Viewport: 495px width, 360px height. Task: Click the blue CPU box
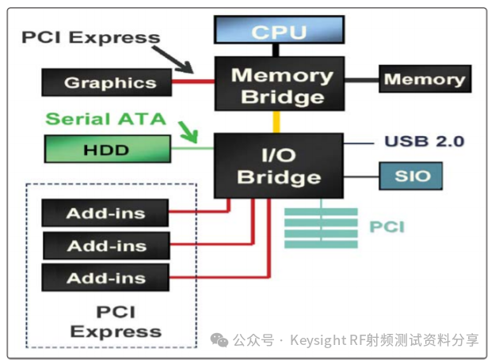[280, 32]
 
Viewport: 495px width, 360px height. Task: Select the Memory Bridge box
[280, 85]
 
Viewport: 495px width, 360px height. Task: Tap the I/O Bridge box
[280, 165]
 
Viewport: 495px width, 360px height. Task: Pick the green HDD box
[105, 150]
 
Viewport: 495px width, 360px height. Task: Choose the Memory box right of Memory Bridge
[425, 80]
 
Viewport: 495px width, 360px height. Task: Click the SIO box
[407, 176]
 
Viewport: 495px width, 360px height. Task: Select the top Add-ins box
[105, 213]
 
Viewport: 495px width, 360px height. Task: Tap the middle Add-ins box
[105, 246]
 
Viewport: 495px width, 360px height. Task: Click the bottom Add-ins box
[105, 279]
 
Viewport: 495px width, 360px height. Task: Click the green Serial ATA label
[105, 119]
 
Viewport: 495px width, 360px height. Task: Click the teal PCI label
[386, 228]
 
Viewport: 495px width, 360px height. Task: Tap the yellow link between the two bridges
[277, 122]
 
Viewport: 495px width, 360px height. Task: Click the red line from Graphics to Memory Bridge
[193, 81]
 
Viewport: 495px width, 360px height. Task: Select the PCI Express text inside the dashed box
[116, 321]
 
